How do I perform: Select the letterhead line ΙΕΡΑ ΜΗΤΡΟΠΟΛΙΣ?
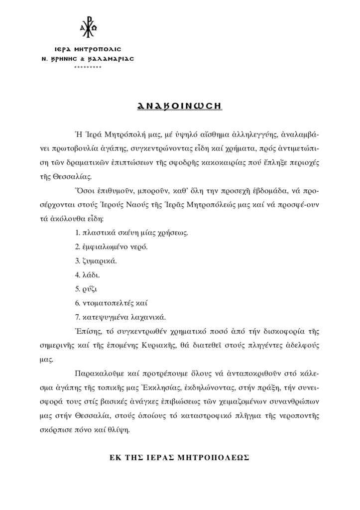87,50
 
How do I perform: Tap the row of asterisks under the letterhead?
87,67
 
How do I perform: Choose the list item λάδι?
88,274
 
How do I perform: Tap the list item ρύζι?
86,288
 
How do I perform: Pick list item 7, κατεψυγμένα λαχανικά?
120,316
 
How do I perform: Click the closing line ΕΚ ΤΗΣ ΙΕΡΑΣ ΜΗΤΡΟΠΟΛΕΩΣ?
180,457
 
